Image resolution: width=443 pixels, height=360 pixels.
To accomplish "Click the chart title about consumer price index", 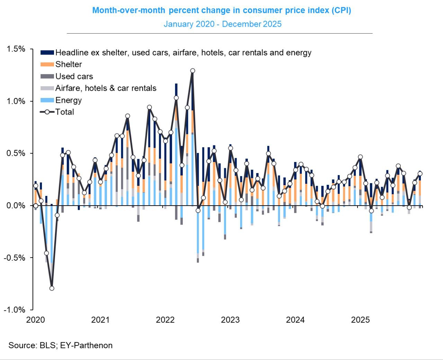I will pos(221,10).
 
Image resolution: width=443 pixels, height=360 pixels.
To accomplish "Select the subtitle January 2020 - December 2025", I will pos(223,24).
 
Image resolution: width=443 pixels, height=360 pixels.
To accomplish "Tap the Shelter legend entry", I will pos(69,64).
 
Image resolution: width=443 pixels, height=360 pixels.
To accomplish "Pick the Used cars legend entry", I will pos(74,76).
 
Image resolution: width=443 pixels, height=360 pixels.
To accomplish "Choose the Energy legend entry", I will pos(69,100).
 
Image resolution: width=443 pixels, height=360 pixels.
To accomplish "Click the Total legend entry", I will pos(64,112).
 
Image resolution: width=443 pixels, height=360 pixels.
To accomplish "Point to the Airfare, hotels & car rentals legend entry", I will pos(106,88).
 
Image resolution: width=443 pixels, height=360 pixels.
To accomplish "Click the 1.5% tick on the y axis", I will pos(16,49).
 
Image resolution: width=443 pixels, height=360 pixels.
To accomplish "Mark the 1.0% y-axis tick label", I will pos(16,101).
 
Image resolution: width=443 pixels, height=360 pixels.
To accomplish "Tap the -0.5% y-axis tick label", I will pos(15,258).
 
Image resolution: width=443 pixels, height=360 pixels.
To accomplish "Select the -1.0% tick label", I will pos(15,310).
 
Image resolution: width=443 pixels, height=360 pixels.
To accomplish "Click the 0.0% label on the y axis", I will pos(16,206).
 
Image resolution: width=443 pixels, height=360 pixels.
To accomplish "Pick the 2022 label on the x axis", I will pos(165,320).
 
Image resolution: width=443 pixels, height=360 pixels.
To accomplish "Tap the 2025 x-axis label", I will pos(360,320).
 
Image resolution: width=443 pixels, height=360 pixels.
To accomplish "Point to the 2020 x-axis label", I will pos(35,320).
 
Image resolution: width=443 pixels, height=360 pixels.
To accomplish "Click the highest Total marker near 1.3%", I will pos(193,71).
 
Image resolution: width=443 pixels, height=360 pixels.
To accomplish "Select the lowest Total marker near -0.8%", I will pos(52,288).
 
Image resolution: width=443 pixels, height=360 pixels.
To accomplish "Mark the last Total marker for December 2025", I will pos(420,174).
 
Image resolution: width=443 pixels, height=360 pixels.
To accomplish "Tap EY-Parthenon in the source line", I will pos(86,345).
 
